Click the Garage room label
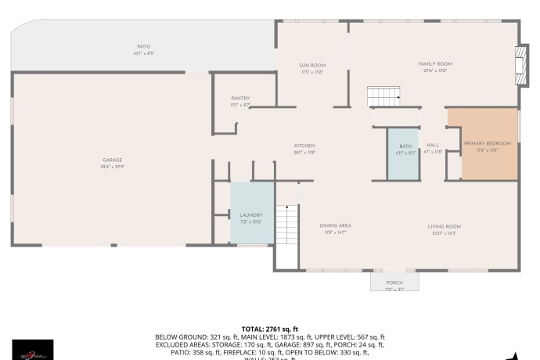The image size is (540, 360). click(x=113, y=160)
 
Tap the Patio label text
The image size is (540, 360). click(x=143, y=47)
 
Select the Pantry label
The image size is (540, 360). click(x=240, y=98)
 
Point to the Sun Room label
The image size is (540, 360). click(x=312, y=65)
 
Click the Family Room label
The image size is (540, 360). click(x=435, y=63)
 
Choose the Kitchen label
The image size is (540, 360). click(x=304, y=146)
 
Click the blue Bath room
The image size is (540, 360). click(x=405, y=153)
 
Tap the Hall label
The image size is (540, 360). click(x=433, y=146)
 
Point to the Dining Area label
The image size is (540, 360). click(x=335, y=225)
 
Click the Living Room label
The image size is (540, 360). click(x=444, y=226)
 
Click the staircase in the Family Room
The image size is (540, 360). click(x=383, y=97)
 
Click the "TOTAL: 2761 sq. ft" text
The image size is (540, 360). click(x=270, y=329)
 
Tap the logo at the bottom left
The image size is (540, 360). click(x=33, y=350)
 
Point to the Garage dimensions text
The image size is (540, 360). click(x=113, y=167)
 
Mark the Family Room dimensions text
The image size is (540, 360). click(x=435, y=71)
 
